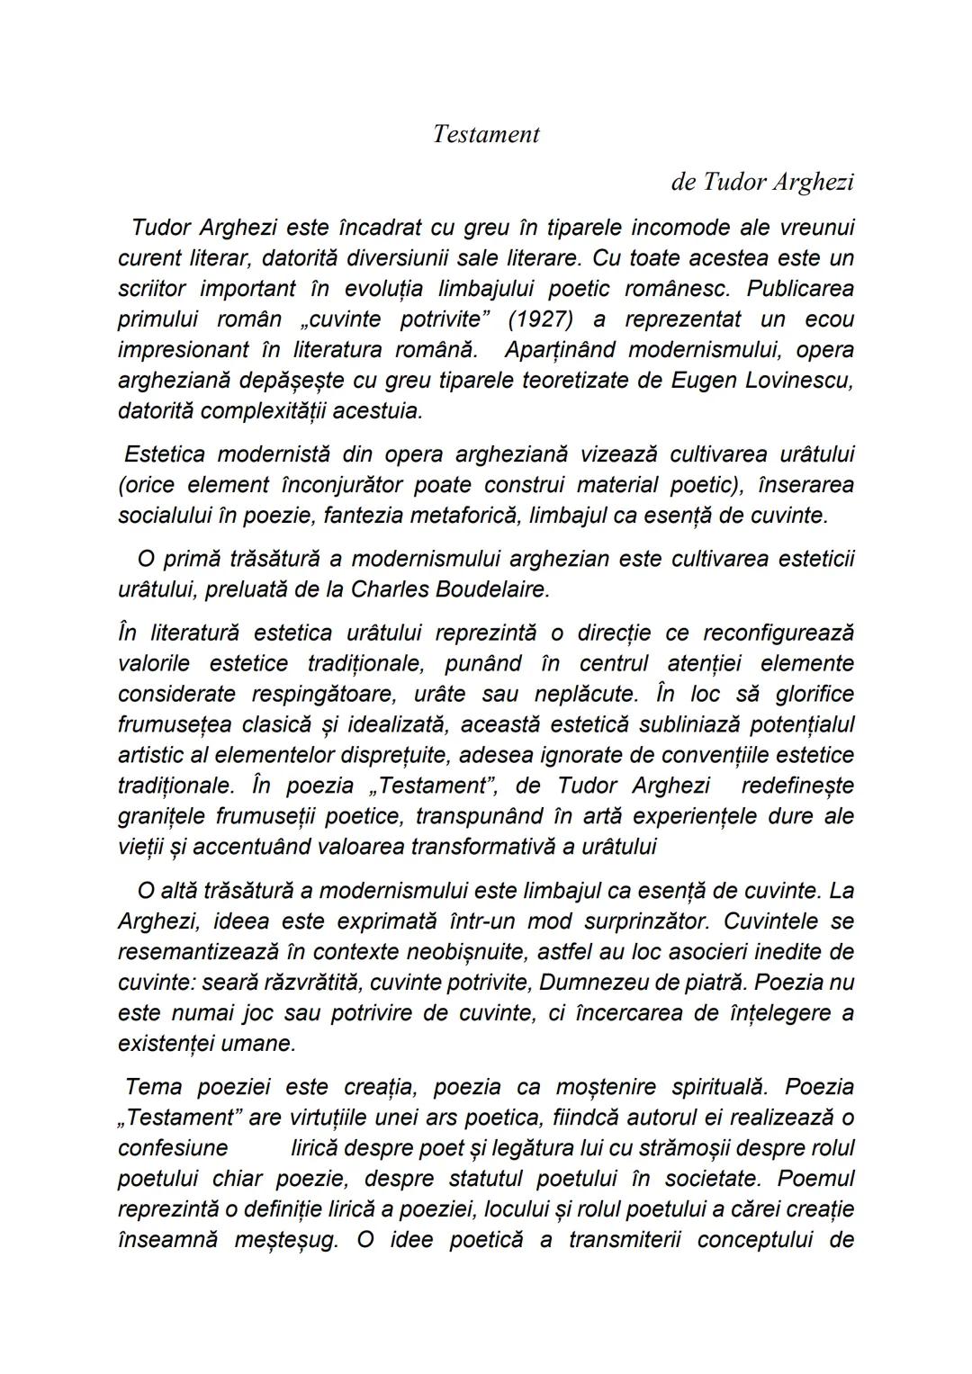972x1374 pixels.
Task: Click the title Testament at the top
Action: pyautogui.click(x=485, y=134)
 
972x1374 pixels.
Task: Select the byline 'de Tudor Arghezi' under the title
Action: pyautogui.click(x=761, y=182)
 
